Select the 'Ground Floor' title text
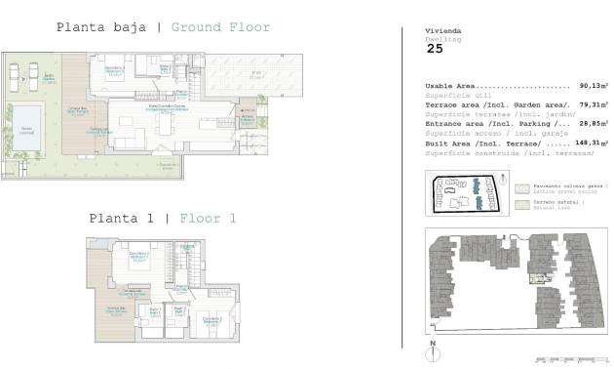point(220,27)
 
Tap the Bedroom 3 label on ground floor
point(116,69)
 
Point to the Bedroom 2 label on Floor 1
point(210,319)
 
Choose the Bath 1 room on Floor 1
point(178,313)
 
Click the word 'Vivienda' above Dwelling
point(441,30)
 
